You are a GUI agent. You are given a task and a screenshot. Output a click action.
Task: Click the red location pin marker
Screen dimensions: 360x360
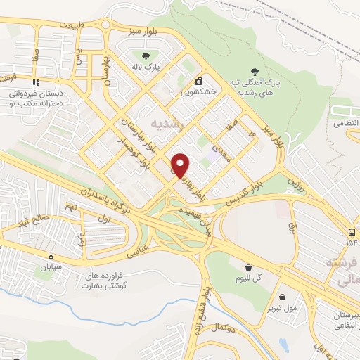pyautogui.click(x=181, y=165)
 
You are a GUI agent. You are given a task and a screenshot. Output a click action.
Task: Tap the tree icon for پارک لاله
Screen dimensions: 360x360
pyautogui.click(x=146, y=56)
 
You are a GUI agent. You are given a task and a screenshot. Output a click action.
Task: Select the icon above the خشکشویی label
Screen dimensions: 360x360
pyautogui.click(x=199, y=80)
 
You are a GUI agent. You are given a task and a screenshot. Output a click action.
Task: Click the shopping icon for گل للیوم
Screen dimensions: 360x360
pyautogui.click(x=248, y=266)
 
